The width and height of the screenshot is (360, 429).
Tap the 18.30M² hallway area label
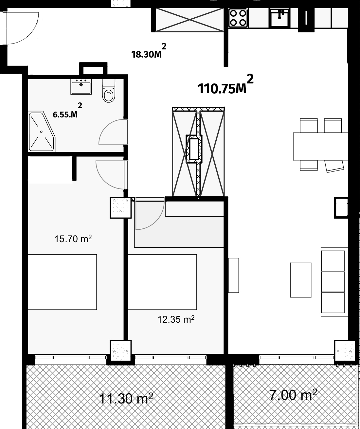point(149,51)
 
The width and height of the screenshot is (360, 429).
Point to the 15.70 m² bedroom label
point(73,239)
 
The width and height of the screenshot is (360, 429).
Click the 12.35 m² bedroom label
point(176,319)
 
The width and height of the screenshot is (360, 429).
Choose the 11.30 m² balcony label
point(126,398)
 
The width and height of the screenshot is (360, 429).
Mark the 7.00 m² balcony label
point(293,395)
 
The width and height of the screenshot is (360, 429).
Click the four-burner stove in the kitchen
point(238,18)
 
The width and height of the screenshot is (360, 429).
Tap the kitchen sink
point(279,18)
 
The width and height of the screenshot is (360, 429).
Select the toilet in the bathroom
point(109,91)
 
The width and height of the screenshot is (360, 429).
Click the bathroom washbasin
point(81,87)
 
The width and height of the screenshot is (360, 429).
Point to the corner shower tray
point(42,132)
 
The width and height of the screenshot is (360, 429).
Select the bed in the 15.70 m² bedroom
point(62,282)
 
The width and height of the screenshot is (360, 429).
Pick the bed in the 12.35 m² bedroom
point(162,282)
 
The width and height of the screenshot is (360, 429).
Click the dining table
point(320,146)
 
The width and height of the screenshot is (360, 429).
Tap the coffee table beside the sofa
point(301,280)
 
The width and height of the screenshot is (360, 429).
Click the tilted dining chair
point(334,166)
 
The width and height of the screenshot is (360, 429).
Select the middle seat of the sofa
point(333,282)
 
